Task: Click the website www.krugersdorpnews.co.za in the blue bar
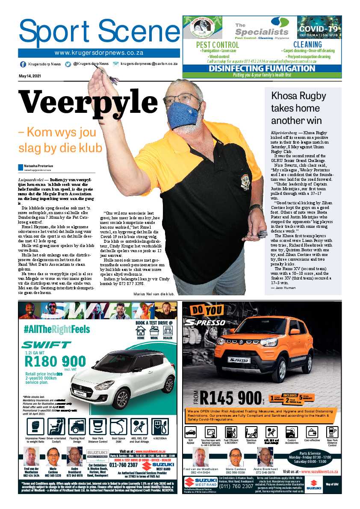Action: pos(99,53)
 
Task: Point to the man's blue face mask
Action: pos(183,115)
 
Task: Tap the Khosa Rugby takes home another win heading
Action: pos(298,108)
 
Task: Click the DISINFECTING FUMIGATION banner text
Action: pos(262,68)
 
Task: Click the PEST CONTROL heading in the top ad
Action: pos(217,45)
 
